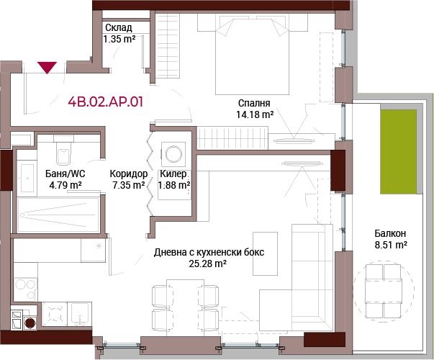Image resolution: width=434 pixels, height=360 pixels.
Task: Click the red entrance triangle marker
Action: tap(48, 68)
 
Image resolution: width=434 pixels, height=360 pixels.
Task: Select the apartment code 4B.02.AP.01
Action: tap(106, 102)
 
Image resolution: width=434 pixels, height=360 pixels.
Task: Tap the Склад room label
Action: tap(119, 27)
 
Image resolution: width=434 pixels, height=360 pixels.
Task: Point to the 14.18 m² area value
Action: tap(255, 114)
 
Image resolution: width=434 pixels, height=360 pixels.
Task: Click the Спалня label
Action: tap(254, 103)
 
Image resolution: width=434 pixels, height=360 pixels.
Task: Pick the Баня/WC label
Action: tap(65, 174)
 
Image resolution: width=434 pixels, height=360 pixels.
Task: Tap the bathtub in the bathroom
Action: tap(58, 215)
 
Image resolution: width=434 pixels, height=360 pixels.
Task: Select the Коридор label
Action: tap(129, 174)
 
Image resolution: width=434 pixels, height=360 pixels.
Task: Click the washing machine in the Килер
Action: tap(173, 154)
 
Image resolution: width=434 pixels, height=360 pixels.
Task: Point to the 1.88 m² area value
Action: tap(174, 185)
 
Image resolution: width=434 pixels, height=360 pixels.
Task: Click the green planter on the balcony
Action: tap(398, 152)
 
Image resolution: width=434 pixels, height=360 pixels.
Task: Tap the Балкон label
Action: tap(390, 233)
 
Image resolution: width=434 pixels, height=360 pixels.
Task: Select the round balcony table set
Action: tap(384, 290)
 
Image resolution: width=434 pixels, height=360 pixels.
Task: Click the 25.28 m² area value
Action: tap(207, 264)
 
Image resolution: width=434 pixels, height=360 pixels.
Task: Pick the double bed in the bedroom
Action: tap(253, 55)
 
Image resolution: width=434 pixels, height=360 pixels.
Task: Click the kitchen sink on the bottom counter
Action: tap(79, 314)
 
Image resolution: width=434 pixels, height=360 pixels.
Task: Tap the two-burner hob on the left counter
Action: tap(25, 289)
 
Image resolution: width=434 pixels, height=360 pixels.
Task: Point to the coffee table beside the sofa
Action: tap(265, 253)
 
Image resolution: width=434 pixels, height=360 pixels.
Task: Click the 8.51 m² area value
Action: tap(391, 245)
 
